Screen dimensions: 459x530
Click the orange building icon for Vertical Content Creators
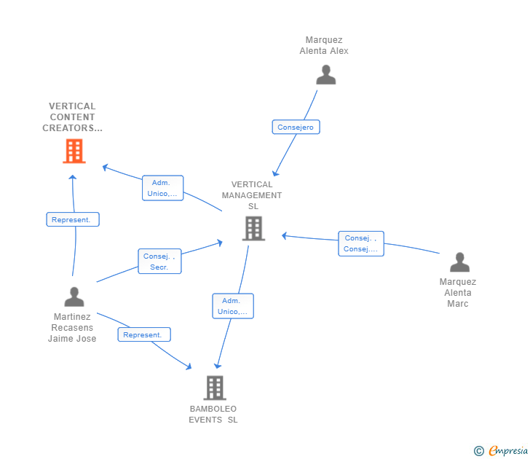(x=74, y=151)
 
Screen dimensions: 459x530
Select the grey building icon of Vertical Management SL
(x=253, y=228)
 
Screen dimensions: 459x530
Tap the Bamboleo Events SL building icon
(x=215, y=388)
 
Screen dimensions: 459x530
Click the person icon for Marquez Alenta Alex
(x=325, y=74)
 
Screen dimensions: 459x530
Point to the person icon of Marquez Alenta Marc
(x=459, y=262)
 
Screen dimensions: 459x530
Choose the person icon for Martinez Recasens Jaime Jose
(x=74, y=297)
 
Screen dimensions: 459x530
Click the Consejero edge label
(x=296, y=127)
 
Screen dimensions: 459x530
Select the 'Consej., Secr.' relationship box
(x=159, y=262)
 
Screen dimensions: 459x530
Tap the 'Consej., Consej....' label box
(x=361, y=243)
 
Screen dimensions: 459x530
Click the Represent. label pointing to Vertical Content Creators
(x=73, y=219)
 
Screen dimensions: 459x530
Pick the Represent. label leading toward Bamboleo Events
(x=144, y=335)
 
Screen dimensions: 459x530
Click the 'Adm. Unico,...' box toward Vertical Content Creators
(x=162, y=188)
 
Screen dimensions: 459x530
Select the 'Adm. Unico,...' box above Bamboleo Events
(x=233, y=306)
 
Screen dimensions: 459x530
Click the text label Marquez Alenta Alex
(x=324, y=45)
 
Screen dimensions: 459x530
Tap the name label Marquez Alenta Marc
(x=458, y=292)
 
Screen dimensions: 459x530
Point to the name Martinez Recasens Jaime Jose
(x=72, y=327)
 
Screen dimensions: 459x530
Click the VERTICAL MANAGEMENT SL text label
(x=252, y=195)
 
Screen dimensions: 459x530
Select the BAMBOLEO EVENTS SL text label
(x=213, y=414)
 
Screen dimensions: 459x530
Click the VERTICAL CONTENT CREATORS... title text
(x=73, y=117)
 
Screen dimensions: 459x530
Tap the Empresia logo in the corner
(x=502, y=451)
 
